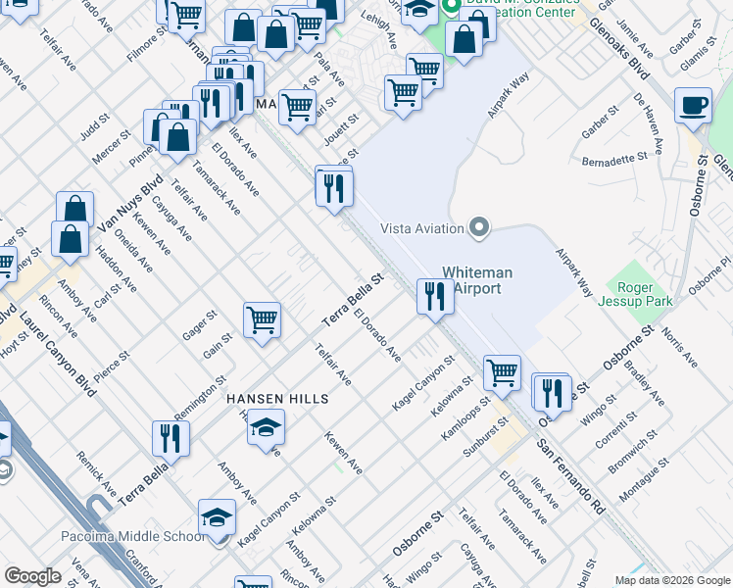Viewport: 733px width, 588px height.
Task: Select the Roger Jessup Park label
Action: [x=639, y=294]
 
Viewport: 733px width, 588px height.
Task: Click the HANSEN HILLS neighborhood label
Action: [x=276, y=400]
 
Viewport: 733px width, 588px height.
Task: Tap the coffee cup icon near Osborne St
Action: [x=694, y=105]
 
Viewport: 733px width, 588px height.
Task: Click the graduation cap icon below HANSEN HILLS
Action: [x=266, y=428]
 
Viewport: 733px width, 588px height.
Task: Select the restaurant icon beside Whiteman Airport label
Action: [x=435, y=295]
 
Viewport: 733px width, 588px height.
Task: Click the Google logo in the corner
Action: [x=33, y=576]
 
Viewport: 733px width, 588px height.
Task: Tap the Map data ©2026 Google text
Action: [x=672, y=580]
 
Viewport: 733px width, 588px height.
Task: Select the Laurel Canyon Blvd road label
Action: [x=60, y=349]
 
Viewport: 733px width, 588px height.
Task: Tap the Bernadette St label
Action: [x=614, y=158]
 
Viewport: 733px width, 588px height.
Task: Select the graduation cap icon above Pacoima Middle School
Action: [x=218, y=516]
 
